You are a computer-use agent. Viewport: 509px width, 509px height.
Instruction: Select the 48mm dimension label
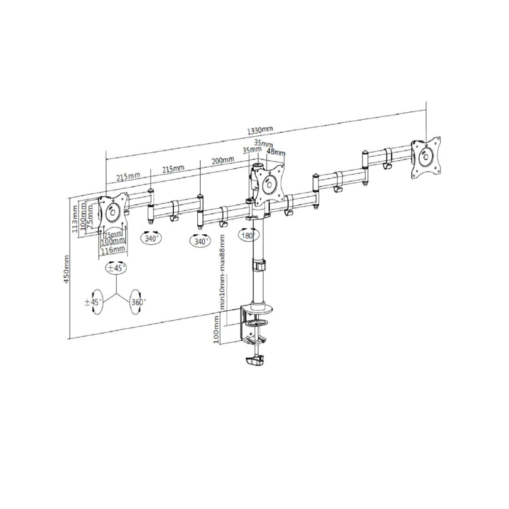pyautogui.click(x=277, y=153)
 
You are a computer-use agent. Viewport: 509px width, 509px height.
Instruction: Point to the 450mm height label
pyautogui.click(x=67, y=270)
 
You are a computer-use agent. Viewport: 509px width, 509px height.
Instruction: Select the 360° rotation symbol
pyautogui.click(x=137, y=302)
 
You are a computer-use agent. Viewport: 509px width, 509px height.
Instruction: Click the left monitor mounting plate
pyautogui.click(x=113, y=212)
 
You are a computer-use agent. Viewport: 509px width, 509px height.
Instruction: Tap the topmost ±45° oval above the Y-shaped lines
pyautogui.click(x=116, y=268)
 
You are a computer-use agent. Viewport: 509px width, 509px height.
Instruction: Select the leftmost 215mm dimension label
pyautogui.click(x=127, y=176)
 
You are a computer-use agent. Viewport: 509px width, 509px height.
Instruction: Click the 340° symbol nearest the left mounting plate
pyautogui.click(x=151, y=238)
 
